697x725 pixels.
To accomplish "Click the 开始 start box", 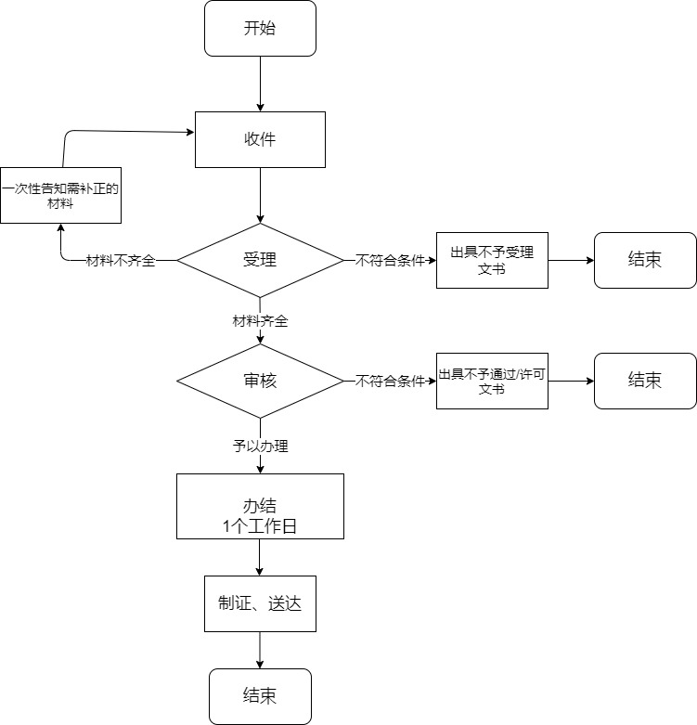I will (260, 28).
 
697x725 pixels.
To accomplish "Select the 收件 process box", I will (260, 139).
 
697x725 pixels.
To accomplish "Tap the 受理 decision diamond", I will (260, 260).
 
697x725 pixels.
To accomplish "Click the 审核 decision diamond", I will (260, 381).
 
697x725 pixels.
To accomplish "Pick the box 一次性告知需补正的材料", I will (61, 195).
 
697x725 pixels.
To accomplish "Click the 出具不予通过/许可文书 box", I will (492, 381).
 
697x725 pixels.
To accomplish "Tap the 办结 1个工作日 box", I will (260, 506).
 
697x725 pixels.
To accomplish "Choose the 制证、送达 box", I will (260, 603).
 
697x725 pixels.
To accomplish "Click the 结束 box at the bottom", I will (260, 696).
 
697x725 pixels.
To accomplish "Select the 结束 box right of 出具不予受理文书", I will (645, 260).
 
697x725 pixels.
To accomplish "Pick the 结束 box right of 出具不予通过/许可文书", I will (645, 381).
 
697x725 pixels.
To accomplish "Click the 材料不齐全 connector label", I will (121, 261).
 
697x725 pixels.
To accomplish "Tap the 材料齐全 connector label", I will (260, 321).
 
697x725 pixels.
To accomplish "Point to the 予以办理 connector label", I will (260, 447).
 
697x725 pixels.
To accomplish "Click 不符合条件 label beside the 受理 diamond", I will (390, 261).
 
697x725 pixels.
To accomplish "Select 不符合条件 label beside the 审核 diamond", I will (390, 381).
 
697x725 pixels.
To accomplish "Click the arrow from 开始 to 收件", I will (260, 84).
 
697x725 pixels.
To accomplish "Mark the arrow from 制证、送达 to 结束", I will (260, 650).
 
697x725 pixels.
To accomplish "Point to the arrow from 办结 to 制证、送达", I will (260, 557).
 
